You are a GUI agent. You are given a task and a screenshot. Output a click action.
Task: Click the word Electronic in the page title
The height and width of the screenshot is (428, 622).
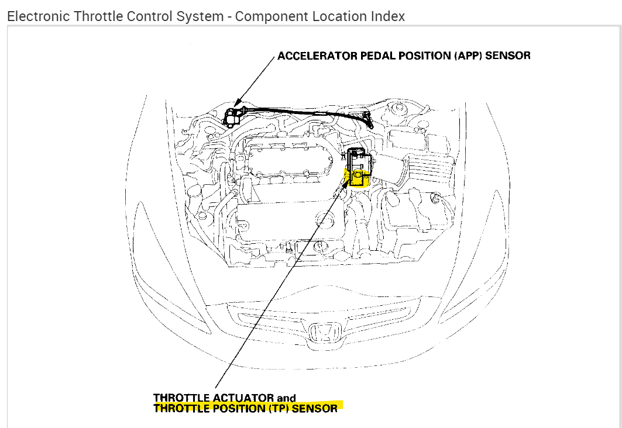pyautogui.click(x=39, y=16)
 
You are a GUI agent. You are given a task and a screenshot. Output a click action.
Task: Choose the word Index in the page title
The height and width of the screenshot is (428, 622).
pyautogui.click(x=387, y=16)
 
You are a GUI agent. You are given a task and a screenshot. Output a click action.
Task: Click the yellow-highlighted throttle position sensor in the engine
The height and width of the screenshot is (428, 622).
pyautogui.click(x=358, y=175)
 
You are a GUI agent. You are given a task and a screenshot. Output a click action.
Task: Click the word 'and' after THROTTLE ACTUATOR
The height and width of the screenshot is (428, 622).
pyautogui.click(x=286, y=398)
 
